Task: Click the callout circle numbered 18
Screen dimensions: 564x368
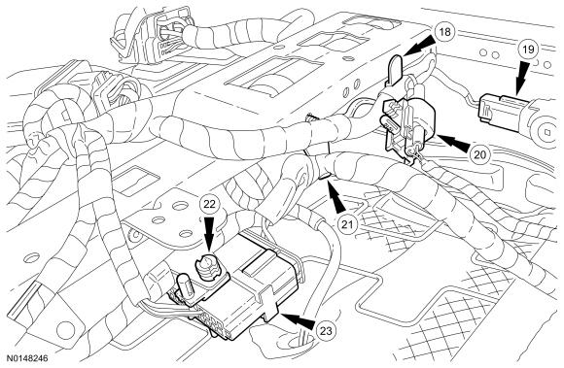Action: [445, 32]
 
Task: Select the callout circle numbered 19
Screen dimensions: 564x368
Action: [528, 50]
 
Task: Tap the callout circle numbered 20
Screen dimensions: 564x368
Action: [479, 154]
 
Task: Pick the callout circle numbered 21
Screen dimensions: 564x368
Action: [347, 224]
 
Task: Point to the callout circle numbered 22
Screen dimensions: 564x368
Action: [209, 204]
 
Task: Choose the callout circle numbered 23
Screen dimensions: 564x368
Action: [326, 331]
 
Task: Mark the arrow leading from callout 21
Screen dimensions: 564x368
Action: [335, 196]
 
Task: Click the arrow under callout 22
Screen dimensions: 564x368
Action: [209, 235]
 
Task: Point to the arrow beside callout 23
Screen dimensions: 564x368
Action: [298, 320]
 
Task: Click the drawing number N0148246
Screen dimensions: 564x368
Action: [27, 358]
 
